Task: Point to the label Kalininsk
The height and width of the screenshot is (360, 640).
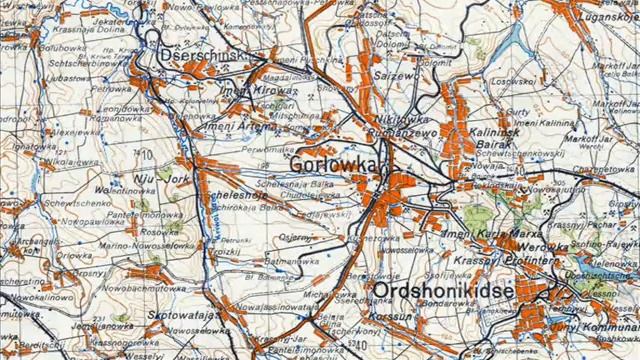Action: pos(489,130)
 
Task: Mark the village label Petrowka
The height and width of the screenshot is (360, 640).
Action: pos(112,89)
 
